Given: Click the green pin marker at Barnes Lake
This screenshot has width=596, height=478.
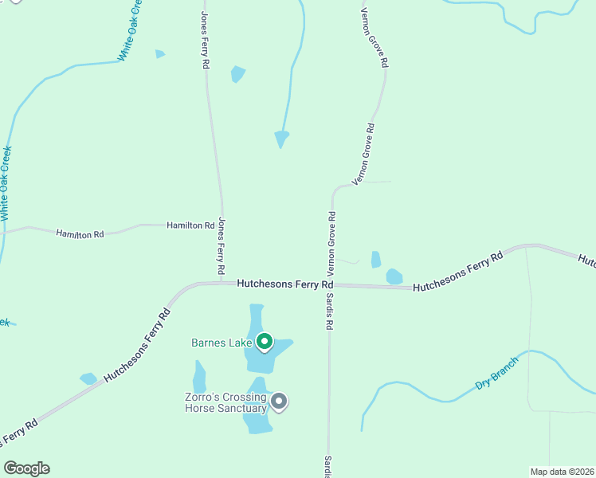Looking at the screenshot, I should click(x=265, y=342).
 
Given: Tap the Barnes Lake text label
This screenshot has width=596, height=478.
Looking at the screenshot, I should click(x=222, y=343).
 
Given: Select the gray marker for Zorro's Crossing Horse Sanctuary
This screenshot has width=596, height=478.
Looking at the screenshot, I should click(x=278, y=402).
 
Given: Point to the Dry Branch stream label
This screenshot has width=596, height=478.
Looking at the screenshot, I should click(x=496, y=373).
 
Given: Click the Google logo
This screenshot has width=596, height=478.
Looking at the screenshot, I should click(x=26, y=468).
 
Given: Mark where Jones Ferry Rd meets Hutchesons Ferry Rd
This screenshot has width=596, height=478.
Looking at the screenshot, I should click(x=221, y=282).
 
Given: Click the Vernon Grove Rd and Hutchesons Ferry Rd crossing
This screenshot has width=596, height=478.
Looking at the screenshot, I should click(x=330, y=284).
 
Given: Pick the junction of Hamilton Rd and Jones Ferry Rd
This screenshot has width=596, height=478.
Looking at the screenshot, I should click(x=221, y=225).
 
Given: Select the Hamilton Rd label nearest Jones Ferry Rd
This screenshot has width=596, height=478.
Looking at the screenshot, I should click(x=190, y=225).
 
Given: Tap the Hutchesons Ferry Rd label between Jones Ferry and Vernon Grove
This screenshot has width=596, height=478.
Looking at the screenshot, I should click(x=284, y=284).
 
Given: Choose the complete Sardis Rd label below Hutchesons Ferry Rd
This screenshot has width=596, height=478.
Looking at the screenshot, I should click(x=329, y=304).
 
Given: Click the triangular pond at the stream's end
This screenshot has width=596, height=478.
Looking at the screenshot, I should click(x=281, y=139).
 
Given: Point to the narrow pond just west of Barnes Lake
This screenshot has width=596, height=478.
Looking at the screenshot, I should click(x=199, y=377).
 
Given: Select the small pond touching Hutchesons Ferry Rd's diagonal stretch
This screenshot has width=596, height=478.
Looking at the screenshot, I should click(x=88, y=378).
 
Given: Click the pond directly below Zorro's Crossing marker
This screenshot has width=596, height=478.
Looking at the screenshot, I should click(x=257, y=420).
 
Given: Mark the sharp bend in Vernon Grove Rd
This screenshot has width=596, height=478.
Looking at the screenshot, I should click(x=334, y=190).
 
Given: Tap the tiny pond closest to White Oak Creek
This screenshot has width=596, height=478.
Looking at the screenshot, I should click(x=159, y=54).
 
